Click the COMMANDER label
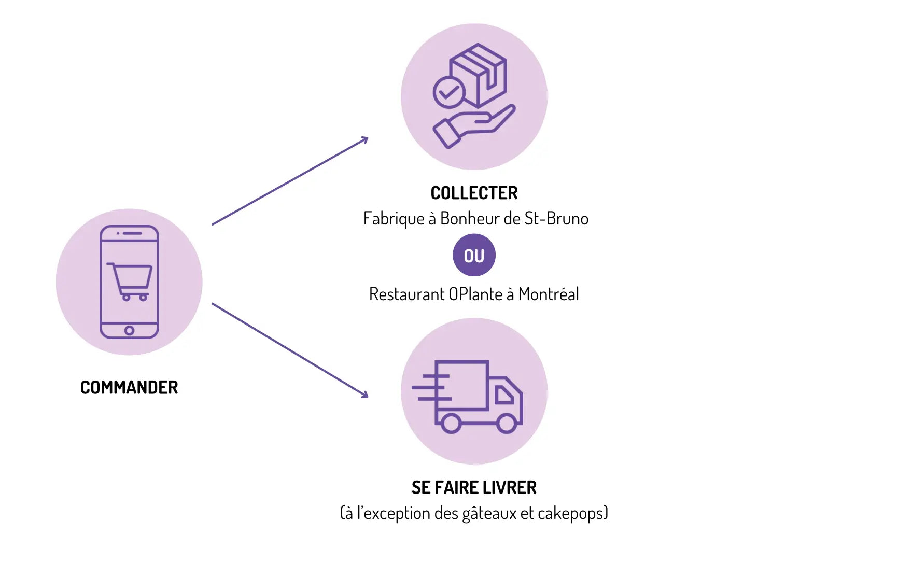click(129, 387)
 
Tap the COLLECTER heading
click(474, 193)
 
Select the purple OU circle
click(474, 255)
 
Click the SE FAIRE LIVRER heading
click(474, 487)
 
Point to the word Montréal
click(549, 294)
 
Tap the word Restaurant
click(406, 294)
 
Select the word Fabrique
click(394, 219)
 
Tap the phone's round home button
click(129, 330)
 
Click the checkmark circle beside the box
click(448, 93)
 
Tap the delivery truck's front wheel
click(507, 423)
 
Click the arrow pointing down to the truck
click(290, 350)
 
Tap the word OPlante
click(475, 294)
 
